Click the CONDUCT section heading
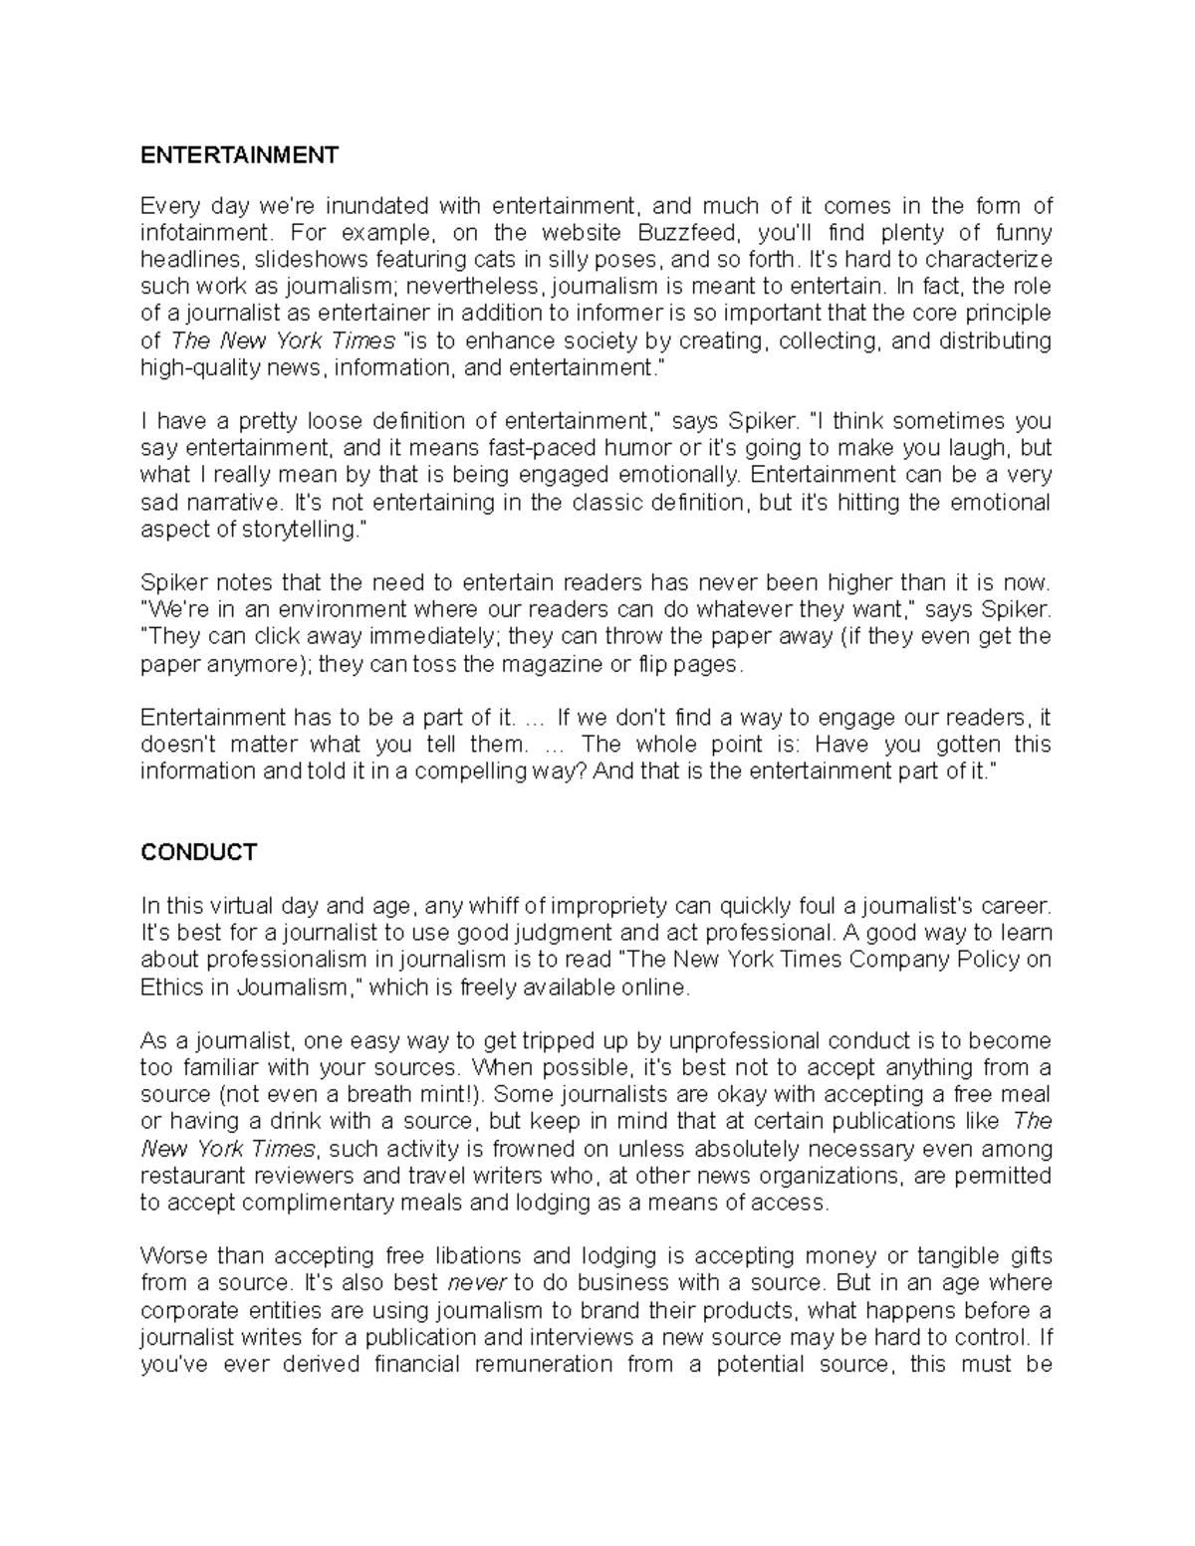199,852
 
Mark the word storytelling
297,530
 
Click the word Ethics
173,988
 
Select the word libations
466,1256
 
